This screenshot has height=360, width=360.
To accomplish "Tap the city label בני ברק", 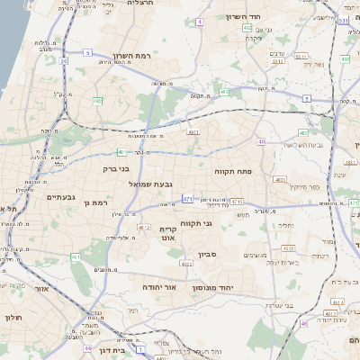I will [117, 167].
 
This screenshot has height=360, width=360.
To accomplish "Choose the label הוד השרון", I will [267, 17].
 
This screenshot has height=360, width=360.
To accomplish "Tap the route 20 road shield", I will [64, 60].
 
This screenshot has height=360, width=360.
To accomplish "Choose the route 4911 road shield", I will [193, 132].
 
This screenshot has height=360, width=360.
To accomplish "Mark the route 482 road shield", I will [97, 101].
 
